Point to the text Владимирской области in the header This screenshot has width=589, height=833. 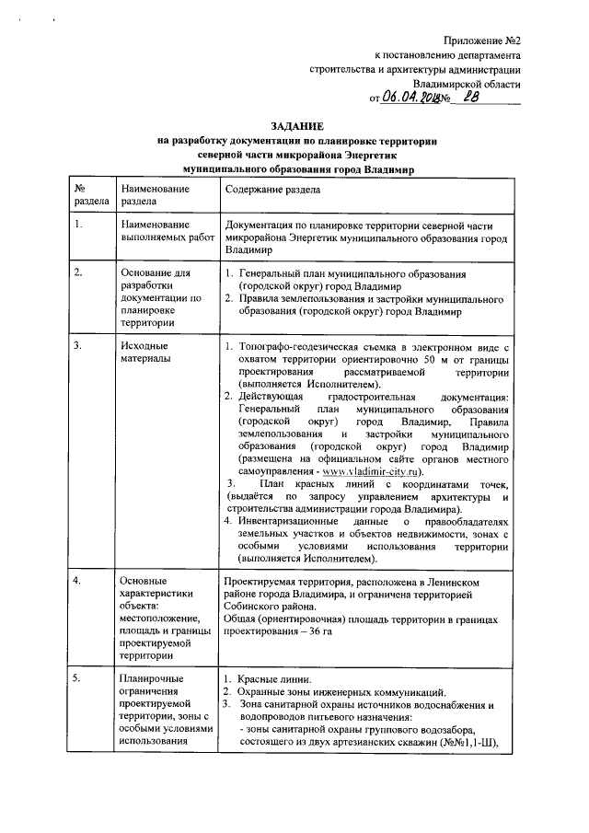pyautogui.click(x=468, y=83)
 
